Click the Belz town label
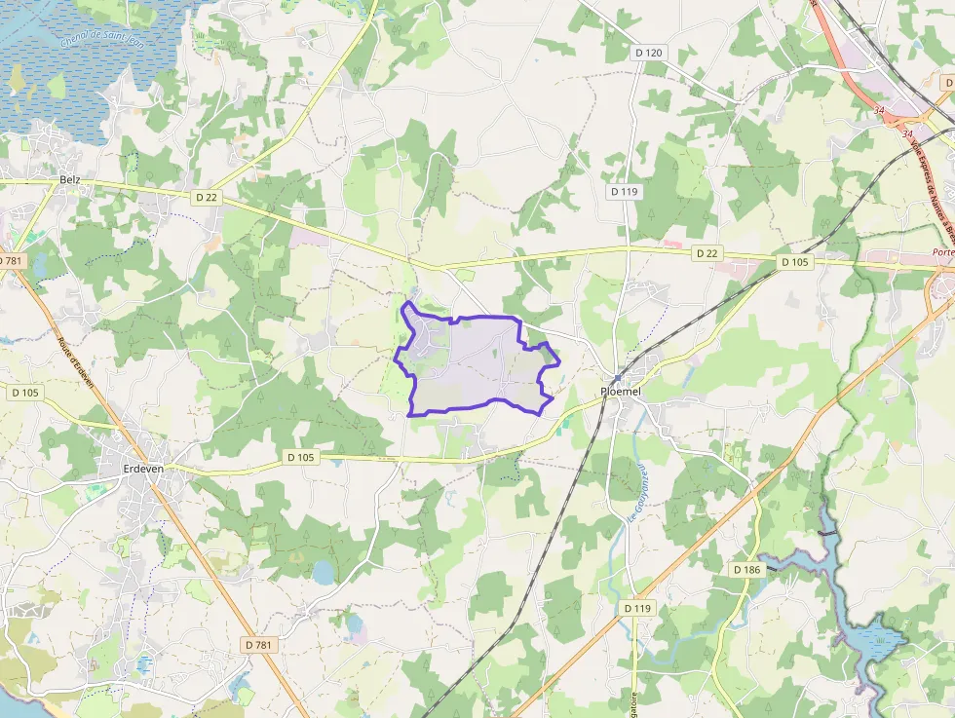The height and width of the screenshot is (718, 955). click(69, 180)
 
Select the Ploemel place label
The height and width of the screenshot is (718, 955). click(620, 391)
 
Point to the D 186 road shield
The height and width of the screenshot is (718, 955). click(746, 569)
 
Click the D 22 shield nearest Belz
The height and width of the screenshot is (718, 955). click(206, 197)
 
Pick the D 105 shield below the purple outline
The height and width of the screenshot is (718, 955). click(302, 456)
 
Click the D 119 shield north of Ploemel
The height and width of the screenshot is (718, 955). click(624, 192)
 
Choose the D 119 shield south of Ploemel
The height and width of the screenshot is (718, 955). click(636, 608)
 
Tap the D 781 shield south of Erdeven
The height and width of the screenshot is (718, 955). click(258, 645)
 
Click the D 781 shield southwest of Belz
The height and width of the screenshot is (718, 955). click(10, 261)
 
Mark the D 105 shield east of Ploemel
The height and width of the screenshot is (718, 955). click(795, 263)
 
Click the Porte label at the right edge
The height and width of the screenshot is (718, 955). click(941, 252)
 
